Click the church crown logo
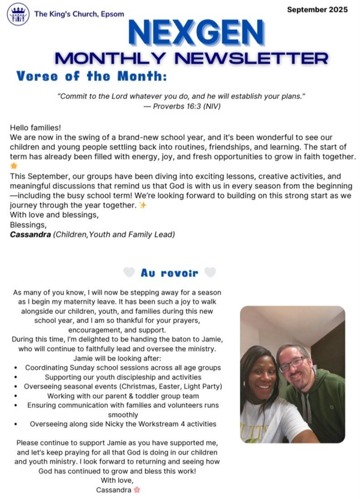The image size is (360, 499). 18,14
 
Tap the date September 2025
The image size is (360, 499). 317,9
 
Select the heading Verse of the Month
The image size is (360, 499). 91,76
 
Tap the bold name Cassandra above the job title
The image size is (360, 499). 30,235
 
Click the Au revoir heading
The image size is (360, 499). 169,273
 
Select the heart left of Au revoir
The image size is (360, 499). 129,272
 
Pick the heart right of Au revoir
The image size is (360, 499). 210,272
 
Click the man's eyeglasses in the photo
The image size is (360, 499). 291,364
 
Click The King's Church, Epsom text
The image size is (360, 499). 79,14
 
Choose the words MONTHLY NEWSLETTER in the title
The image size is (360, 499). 190,58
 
